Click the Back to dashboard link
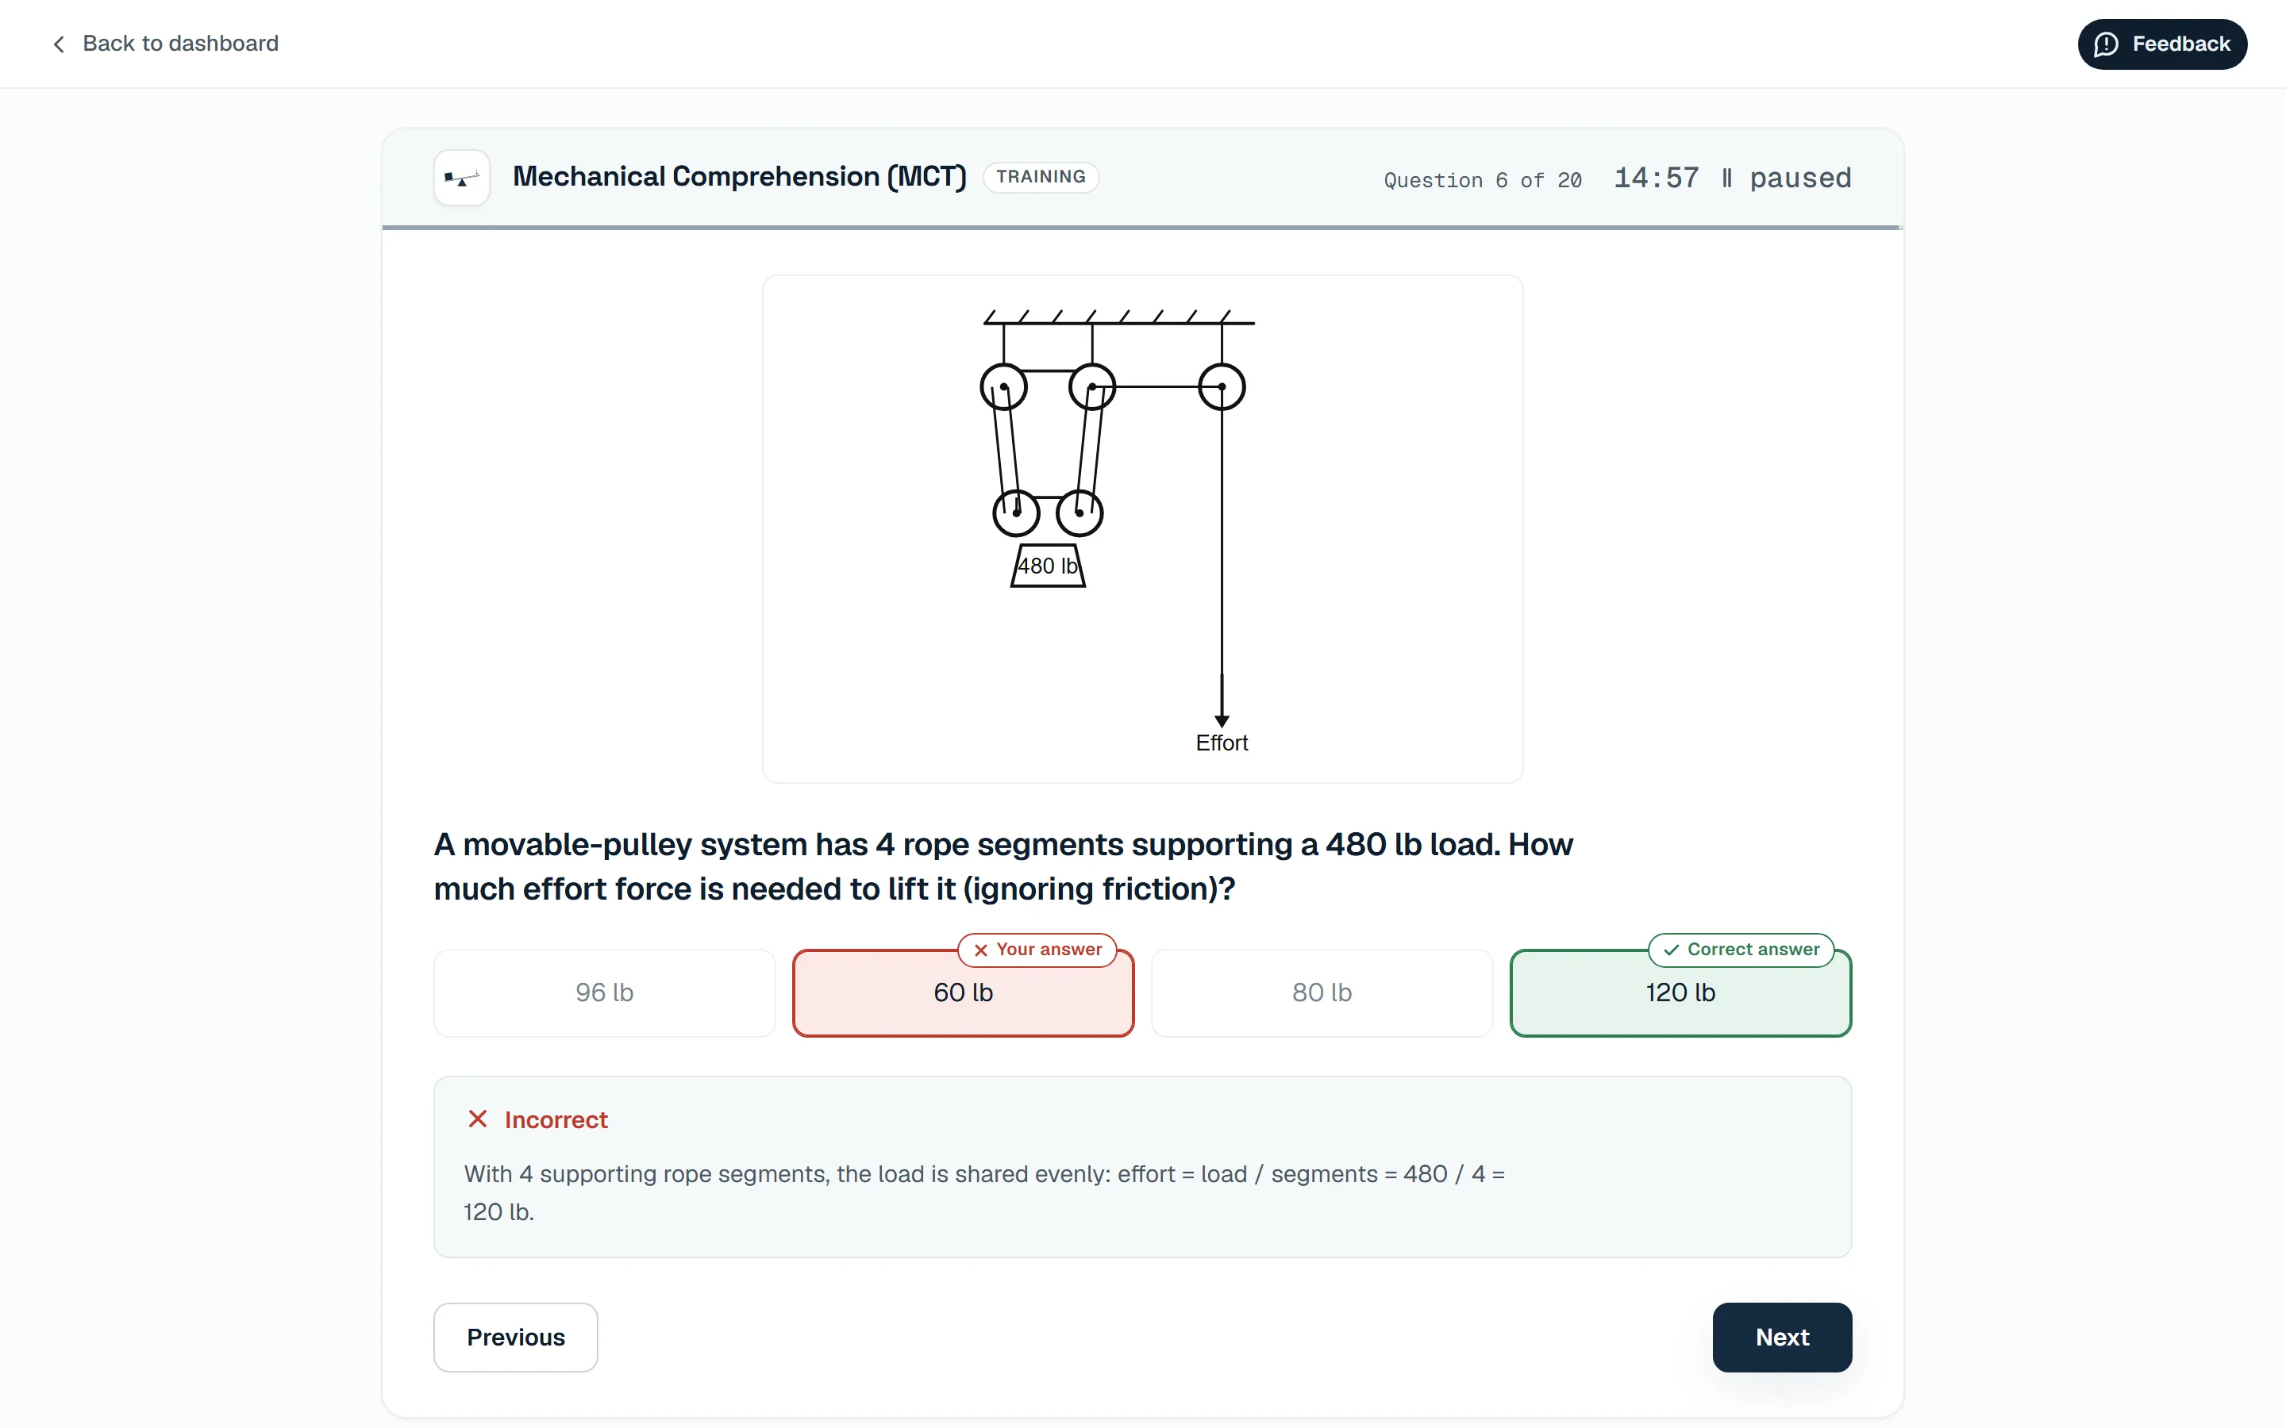(165, 44)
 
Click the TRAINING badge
(1041, 177)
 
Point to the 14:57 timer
(1656, 178)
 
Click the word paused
(1800, 178)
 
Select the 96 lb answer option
(605, 992)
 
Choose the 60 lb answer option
(964, 992)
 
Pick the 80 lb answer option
(1322, 992)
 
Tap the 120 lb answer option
(1680, 992)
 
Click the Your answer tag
(1037, 949)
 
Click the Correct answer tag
(1741, 949)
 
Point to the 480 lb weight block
(1048, 566)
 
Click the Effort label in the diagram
(1222, 743)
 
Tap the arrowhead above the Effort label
(1222, 720)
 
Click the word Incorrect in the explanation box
(556, 1120)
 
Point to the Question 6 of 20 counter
(1482, 179)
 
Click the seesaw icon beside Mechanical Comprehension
(462, 178)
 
